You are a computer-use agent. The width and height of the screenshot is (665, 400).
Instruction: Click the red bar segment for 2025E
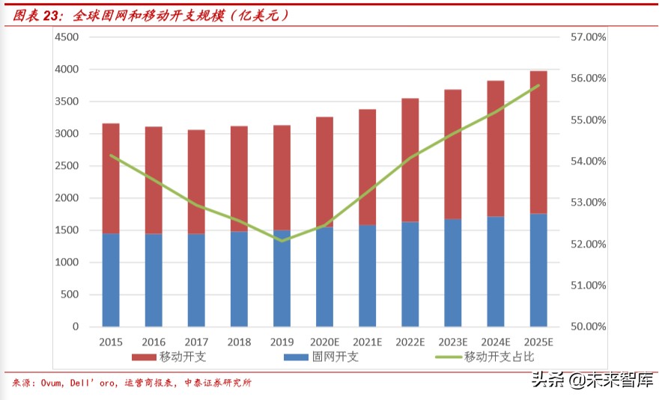pyautogui.click(x=538, y=142)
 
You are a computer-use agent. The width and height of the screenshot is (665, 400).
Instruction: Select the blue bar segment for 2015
pyautogui.click(x=111, y=280)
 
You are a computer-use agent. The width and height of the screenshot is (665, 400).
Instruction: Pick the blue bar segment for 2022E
pyautogui.click(x=410, y=274)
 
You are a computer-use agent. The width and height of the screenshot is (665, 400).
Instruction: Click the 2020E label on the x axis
pyautogui.click(x=324, y=342)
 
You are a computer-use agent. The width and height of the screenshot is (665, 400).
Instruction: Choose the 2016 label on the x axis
pyautogui.click(x=154, y=342)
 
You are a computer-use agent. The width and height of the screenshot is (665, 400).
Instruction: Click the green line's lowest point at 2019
pyautogui.click(x=282, y=241)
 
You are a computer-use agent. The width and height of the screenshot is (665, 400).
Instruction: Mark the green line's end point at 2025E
pyautogui.click(x=538, y=85)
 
